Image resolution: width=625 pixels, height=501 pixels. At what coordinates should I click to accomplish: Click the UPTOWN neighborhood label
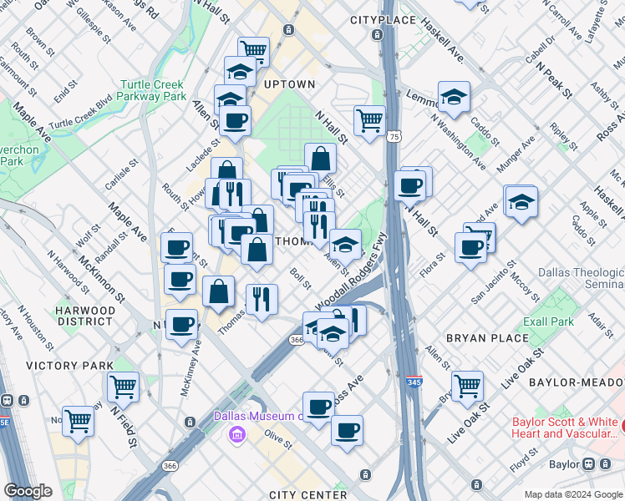pos(290,84)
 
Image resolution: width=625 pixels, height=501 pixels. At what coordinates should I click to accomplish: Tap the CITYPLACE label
pos(382,19)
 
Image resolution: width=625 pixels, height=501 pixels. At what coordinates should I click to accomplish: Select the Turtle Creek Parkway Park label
pos(153,90)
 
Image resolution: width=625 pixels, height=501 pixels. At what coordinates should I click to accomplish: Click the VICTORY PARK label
pos(69,366)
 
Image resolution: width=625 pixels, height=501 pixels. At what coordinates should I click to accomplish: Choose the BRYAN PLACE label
pos(487,338)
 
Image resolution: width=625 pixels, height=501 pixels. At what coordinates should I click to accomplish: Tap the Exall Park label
pos(550,321)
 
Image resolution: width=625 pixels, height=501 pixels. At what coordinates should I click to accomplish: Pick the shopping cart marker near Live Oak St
pos(467,385)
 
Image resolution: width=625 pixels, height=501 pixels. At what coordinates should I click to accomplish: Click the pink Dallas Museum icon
pos(236,433)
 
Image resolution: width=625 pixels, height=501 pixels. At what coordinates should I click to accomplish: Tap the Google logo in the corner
pos(28,491)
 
